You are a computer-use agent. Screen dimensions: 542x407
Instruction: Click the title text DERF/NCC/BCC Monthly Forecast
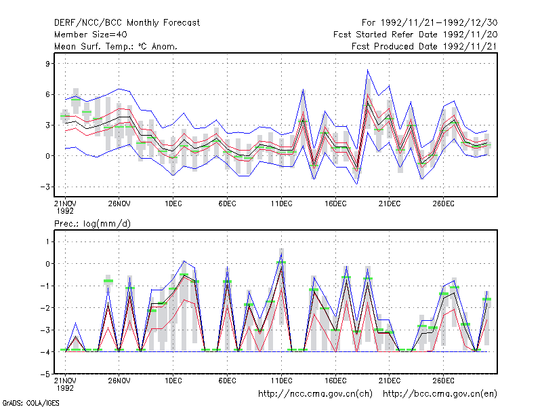(127, 23)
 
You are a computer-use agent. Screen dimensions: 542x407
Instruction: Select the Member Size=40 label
(91, 35)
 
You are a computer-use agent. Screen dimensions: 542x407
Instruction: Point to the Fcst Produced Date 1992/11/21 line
(425, 46)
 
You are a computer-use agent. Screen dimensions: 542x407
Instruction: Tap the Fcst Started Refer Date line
(415, 35)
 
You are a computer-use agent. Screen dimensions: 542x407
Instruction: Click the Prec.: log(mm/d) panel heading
(92, 224)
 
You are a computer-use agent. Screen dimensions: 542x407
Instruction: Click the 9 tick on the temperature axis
(47, 64)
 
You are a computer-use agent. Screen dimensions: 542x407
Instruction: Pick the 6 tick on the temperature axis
(47, 94)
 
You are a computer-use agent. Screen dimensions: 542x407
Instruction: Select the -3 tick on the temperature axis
(45, 187)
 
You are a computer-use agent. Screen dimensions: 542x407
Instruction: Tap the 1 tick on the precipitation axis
(47, 241)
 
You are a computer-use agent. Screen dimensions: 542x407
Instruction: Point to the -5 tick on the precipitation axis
(45, 374)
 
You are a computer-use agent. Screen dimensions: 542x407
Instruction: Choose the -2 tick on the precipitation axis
(45, 308)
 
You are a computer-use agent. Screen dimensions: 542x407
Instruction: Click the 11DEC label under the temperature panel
(281, 203)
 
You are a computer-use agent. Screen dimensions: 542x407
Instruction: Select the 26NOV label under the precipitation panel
(119, 381)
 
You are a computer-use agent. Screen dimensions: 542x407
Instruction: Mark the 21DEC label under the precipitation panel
(389, 381)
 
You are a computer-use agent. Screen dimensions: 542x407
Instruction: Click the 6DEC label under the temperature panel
(227, 203)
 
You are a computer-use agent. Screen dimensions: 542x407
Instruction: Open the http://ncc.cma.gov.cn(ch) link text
(315, 394)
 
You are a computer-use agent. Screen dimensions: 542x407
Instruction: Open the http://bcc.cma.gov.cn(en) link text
(440, 394)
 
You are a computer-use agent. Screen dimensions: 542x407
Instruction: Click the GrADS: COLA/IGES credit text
(30, 403)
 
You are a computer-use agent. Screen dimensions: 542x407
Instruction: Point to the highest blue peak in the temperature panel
(368, 71)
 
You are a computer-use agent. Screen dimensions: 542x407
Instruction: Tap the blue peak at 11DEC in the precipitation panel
(281, 254)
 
